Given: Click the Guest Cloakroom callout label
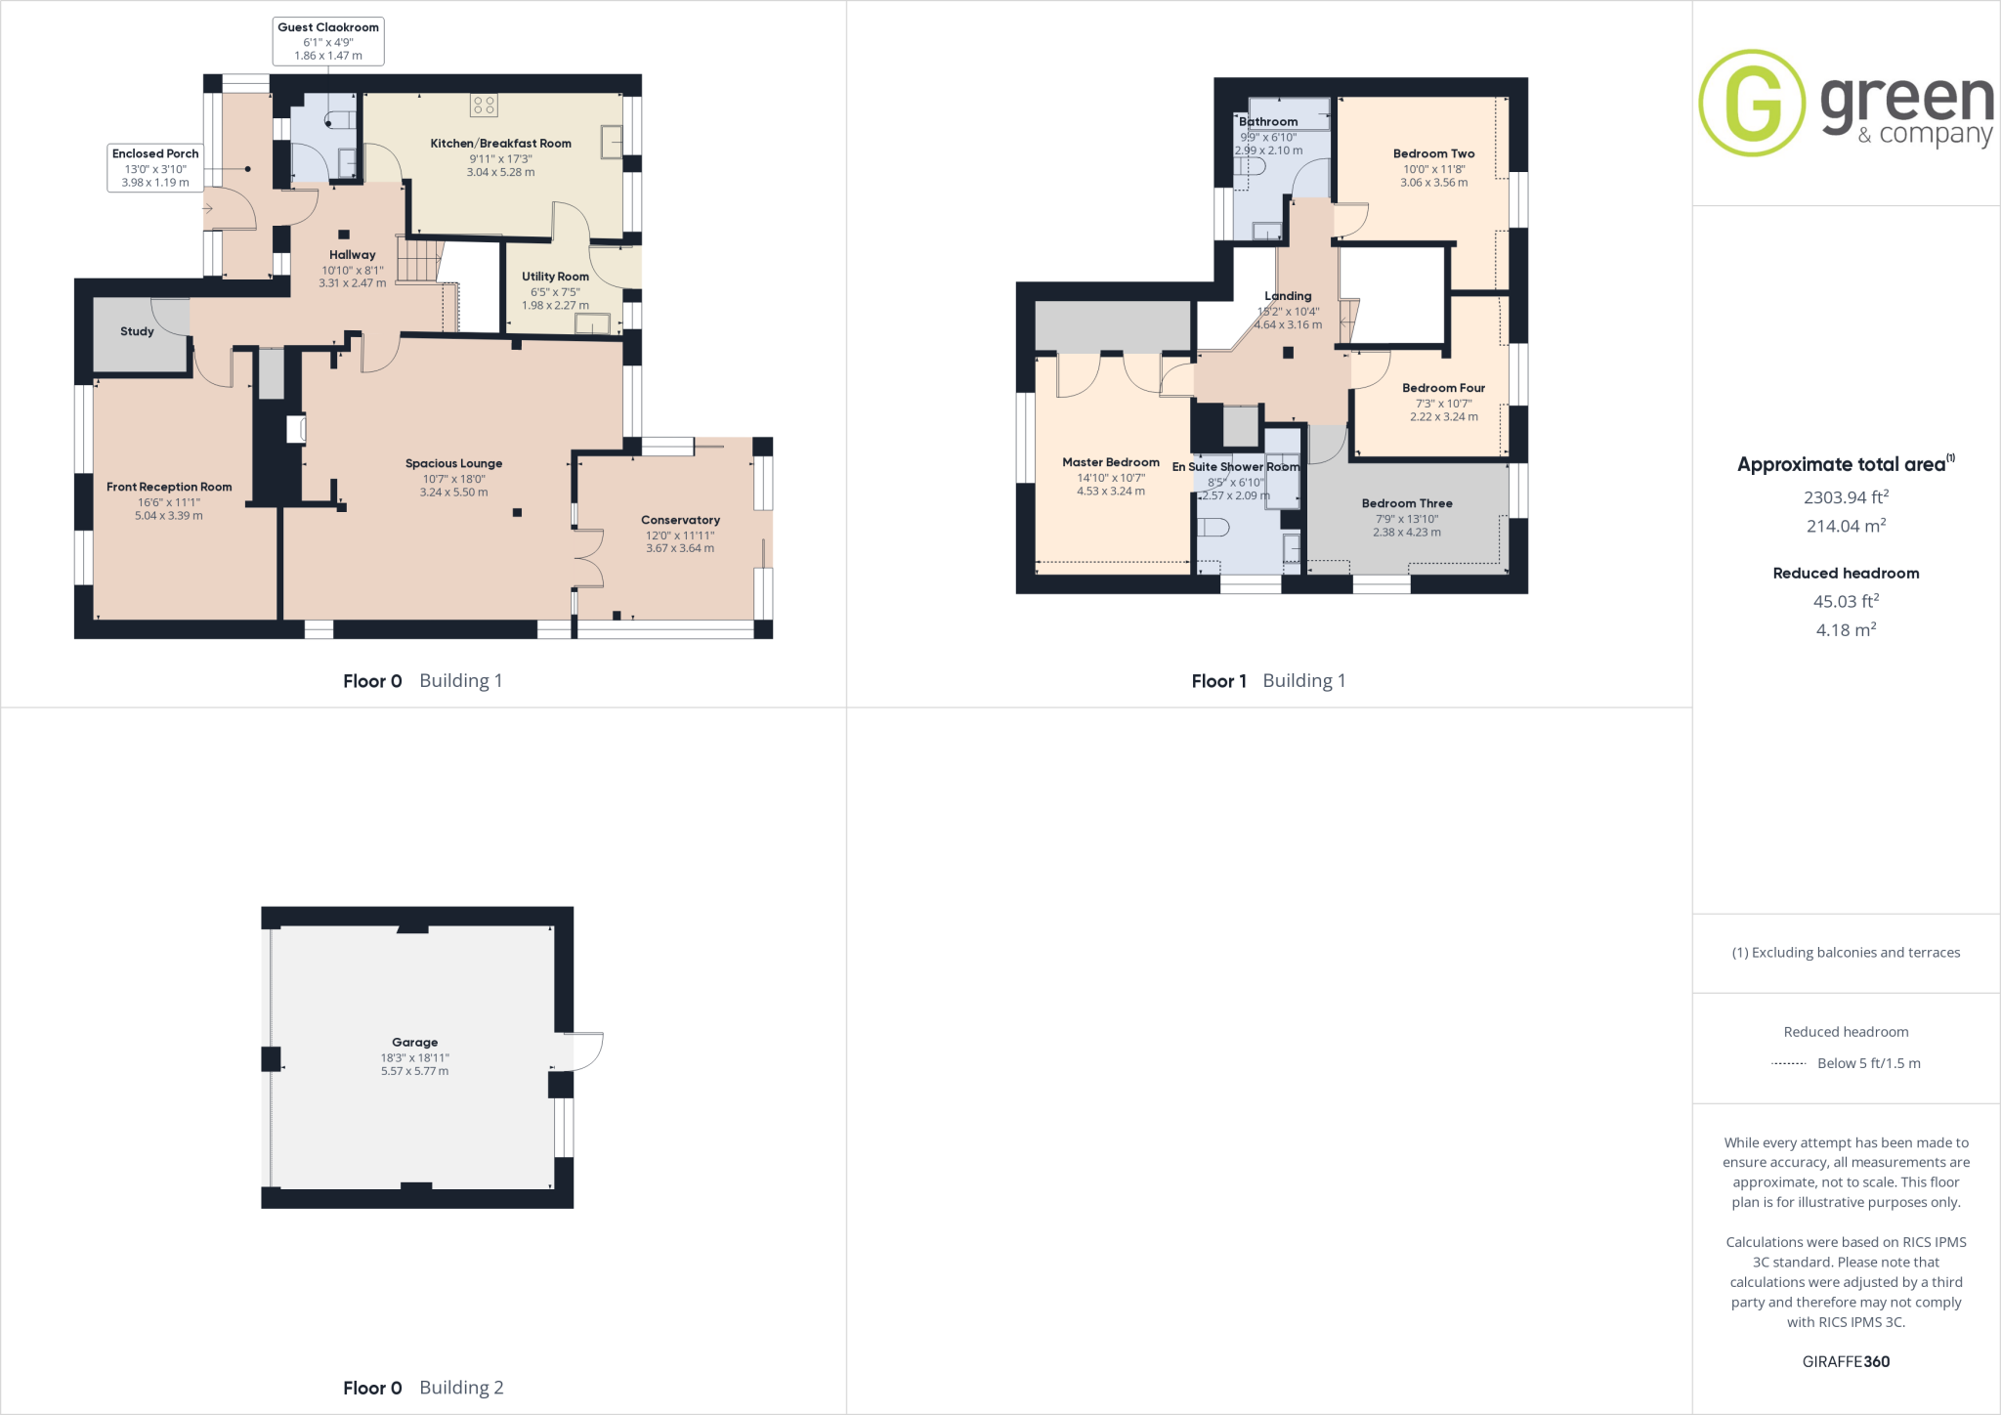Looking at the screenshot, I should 328,27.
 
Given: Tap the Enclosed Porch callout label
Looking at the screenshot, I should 155,153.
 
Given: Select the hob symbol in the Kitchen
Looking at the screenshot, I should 484,105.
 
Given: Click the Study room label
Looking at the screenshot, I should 137,331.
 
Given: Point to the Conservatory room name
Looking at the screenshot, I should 680,520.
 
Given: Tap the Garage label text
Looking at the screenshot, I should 414,1042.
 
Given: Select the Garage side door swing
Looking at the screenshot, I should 586,1051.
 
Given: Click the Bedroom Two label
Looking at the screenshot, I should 1433,153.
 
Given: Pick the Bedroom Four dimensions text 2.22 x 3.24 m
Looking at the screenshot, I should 1443,416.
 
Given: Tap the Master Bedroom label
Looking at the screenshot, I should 1111,462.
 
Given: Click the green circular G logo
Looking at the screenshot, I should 1752,103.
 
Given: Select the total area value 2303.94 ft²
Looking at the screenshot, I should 1846,497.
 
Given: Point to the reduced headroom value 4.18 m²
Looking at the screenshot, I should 1846,630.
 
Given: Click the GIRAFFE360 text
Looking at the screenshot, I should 1846,1361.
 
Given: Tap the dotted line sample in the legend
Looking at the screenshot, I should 1788,1063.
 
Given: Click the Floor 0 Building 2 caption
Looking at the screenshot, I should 423,1388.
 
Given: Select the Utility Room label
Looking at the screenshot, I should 555,277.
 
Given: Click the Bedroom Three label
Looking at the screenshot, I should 1407,503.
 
